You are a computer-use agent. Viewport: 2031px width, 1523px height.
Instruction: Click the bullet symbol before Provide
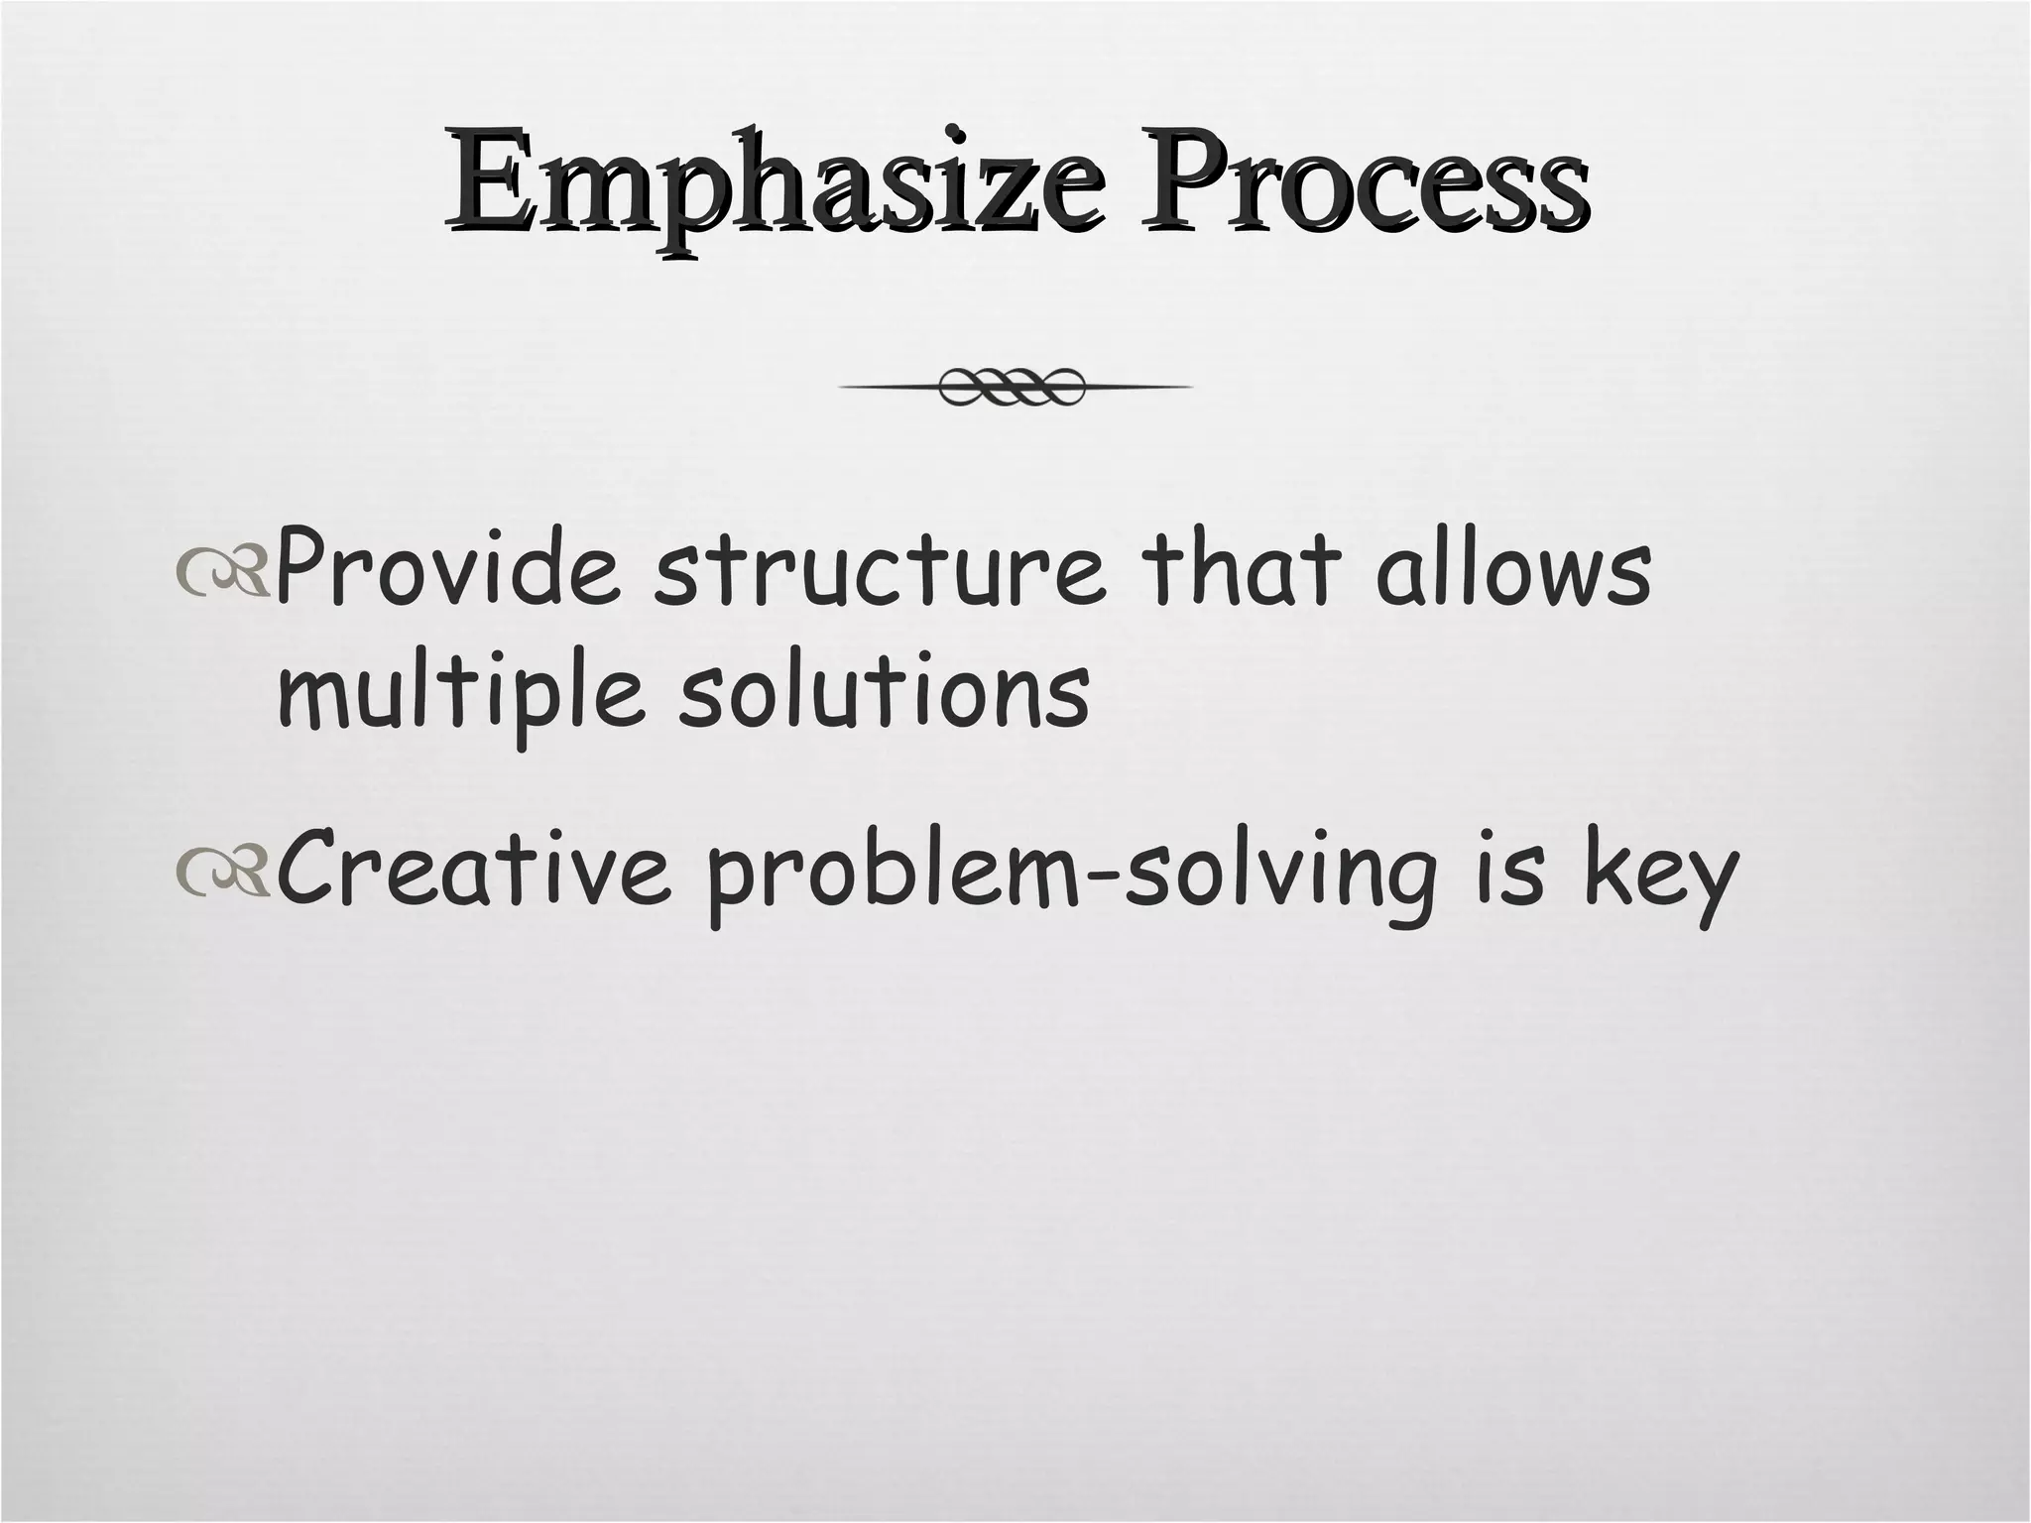point(221,579)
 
